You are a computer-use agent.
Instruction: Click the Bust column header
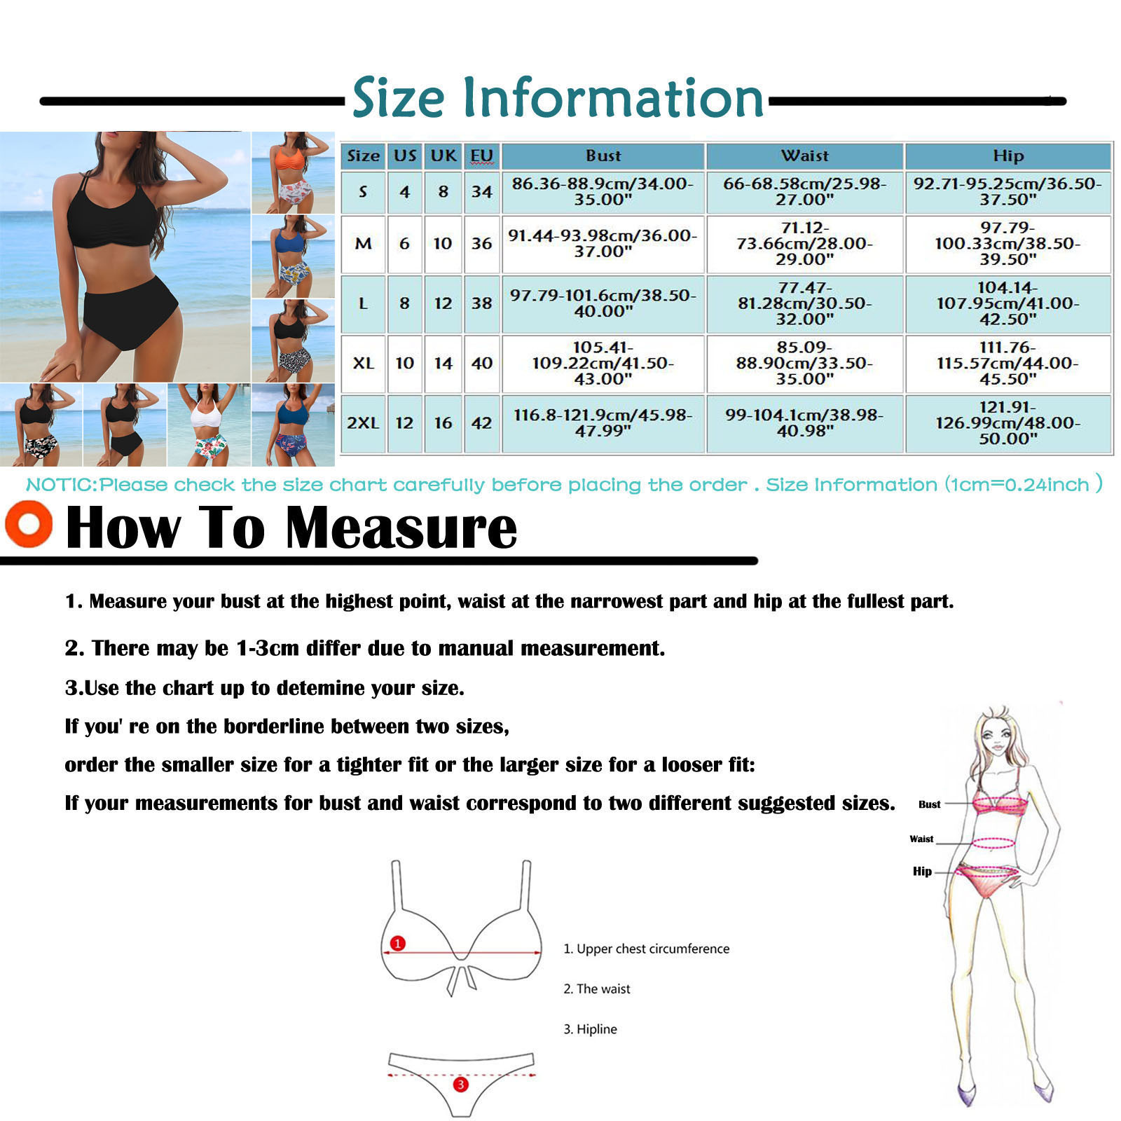point(603,156)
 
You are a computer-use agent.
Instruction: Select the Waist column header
point(804,156)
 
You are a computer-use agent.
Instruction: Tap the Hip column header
point(1008,156)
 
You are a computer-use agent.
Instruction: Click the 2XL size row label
point(363,423)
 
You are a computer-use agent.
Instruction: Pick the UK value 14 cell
point(443,363)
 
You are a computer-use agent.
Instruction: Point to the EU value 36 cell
point(481,243)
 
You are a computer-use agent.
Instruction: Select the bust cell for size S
point(603,191)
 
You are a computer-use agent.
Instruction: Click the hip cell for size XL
point(1008,363)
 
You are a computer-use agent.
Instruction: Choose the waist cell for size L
point(804,303)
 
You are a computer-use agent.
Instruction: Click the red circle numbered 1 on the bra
point(398,943)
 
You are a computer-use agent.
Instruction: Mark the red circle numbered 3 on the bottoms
point(460,1085)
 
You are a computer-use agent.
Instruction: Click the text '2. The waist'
point(597,989)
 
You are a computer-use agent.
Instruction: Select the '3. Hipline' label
point(591,1029)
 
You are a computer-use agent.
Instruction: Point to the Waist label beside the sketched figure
point(921,839)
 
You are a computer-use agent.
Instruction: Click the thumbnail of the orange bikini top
point(294,172)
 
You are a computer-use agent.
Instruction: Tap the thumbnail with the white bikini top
point(209,425)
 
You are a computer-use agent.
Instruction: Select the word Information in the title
point(613,97)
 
